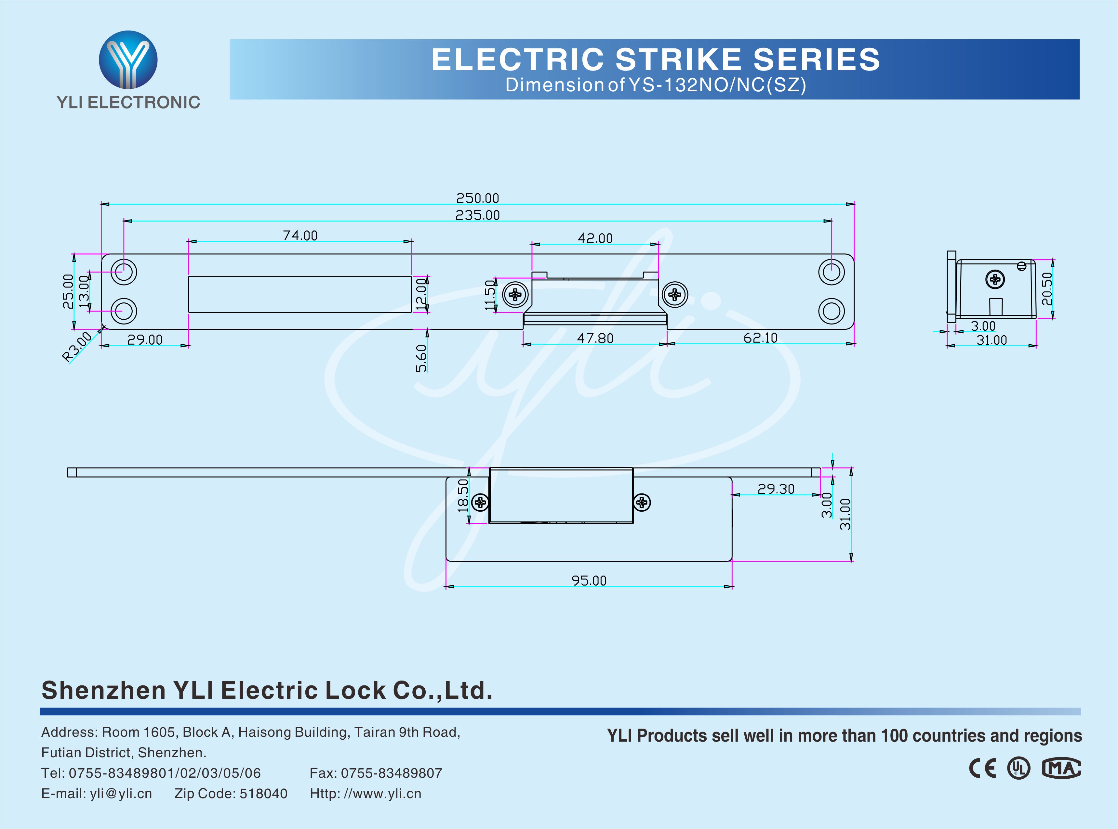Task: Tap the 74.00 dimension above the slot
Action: point(300,236)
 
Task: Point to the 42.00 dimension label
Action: point(595,238)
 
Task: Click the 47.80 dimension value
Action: point(595,338)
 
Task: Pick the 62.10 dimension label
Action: point(760,338)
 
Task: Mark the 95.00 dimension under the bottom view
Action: point(589,580)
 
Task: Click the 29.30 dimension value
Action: point(776,489)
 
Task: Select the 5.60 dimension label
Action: point(421,358)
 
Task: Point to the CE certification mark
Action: point(982,768)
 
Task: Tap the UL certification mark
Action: point(1018,768)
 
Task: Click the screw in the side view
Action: point(995,279)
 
